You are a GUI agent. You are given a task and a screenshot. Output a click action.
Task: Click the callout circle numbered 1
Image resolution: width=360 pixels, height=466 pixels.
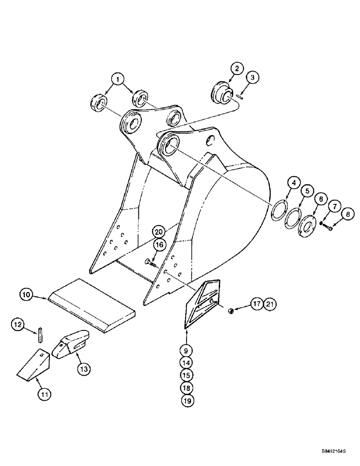(x=118, y=79)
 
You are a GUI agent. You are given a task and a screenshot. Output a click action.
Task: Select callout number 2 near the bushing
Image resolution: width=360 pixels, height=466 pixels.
(x=236, y=69)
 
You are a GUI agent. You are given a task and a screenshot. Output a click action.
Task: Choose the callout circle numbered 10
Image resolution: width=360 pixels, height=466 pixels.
(x=27, y=295)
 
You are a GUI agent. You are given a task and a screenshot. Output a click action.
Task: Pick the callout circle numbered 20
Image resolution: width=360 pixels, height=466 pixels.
(x=159, y=232)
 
